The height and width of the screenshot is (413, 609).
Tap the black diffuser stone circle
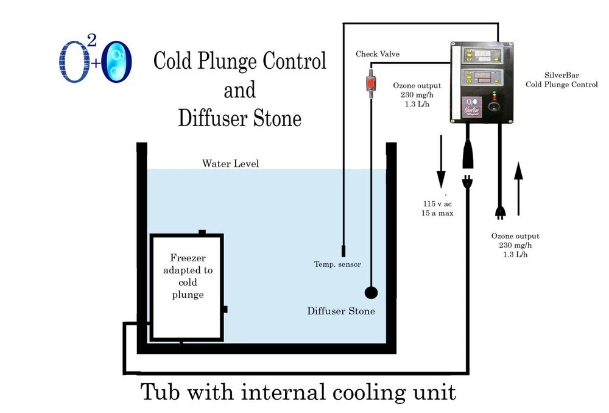371,293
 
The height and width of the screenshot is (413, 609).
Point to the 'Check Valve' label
378,54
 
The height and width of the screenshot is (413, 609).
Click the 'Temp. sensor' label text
337,264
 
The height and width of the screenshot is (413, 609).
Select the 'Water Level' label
230,163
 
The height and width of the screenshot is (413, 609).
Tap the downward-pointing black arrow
441,164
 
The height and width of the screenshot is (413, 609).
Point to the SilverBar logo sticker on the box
470,105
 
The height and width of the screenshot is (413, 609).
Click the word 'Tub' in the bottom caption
163,391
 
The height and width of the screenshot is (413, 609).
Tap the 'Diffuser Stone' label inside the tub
341,311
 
